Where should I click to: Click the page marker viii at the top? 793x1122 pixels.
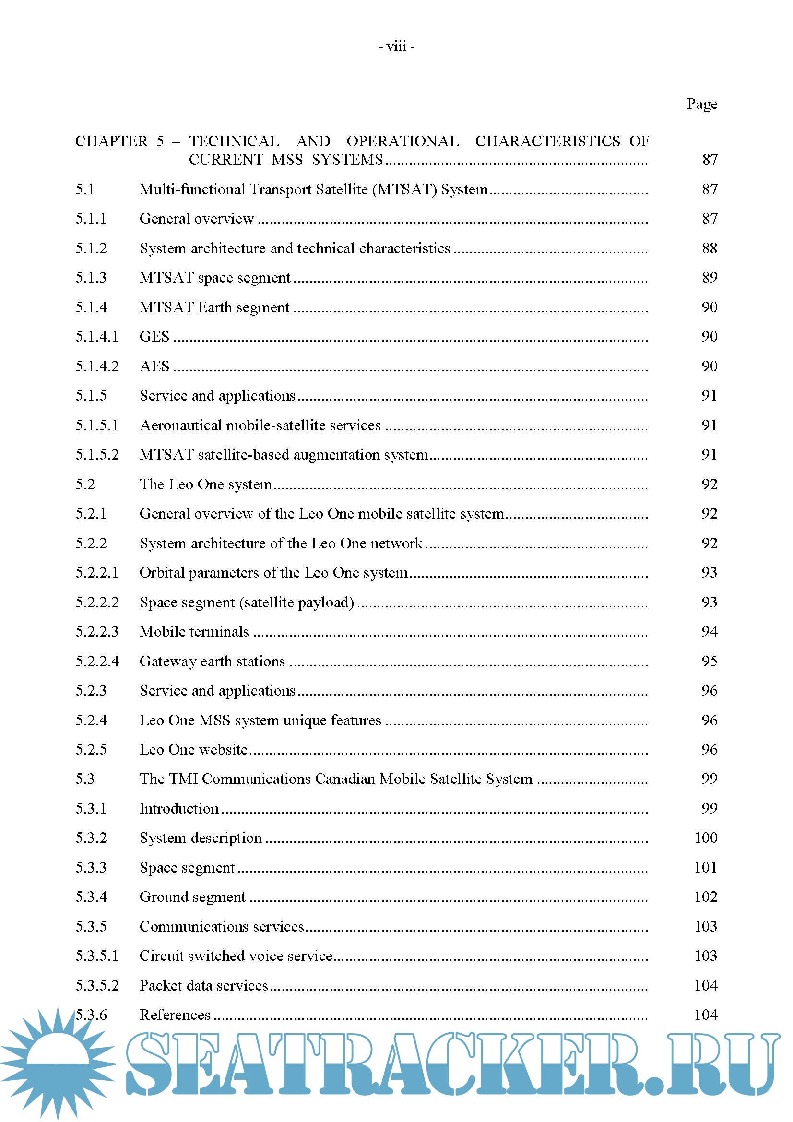click(x=396, y=47)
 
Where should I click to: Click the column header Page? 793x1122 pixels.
click(x=702, y=104)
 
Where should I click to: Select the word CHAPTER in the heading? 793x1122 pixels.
click(x=111, y=141)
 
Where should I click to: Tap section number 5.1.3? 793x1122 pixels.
click(x=91, y=278)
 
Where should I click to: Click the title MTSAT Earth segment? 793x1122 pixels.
click(x=214, y=307)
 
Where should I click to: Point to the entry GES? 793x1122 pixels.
click(x=154, y=337)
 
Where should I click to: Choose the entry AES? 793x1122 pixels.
click(x=154, y=366)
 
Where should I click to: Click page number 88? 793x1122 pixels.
click(x=710, y=248)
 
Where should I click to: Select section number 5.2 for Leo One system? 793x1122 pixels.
click(x=85, y=484)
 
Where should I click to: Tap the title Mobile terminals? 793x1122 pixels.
click(x=194, y=632)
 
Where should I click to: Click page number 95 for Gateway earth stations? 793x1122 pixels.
click(x=710, y=661)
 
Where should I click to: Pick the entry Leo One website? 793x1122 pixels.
click(x=193, y=750)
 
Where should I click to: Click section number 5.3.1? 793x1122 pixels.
click(x=91, y=809)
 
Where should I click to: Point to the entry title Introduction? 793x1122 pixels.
click(x=179, y=809)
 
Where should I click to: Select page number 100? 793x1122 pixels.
click(x=706, y=838)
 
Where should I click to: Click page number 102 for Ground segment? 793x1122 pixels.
click(x=706, y=897)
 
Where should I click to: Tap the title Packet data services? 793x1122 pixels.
click(x=204, y=986)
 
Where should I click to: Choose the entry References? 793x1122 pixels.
click(x=175, y=1015)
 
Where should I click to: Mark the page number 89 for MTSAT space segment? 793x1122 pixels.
click(x=710, y=278)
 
